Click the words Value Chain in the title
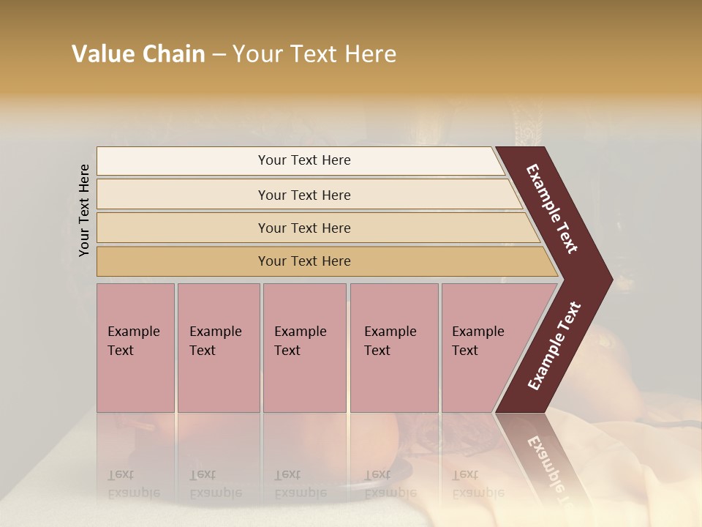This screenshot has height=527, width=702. pos(138,54)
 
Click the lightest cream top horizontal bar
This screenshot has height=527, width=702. pos(183,161)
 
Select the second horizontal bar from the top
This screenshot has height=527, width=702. pos(183,195)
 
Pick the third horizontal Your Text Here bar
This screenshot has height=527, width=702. pos(183,228)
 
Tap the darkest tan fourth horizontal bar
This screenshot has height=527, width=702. pos(183,261)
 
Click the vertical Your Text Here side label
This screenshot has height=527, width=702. pos(84,210)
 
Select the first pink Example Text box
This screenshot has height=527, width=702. pos(135,348)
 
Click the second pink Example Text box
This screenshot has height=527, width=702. pos(218,348)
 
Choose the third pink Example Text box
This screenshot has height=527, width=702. pos(303,348)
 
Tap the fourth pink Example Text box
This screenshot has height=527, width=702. pos(393,348)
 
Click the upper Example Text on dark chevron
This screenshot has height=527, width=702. pos(553,209)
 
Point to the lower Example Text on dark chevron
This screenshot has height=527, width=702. pos(554,346)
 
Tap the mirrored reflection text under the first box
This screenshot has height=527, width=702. pos(134,484)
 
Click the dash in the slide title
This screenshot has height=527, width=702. pos(219,54)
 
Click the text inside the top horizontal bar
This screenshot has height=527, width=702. pos(304,160)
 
